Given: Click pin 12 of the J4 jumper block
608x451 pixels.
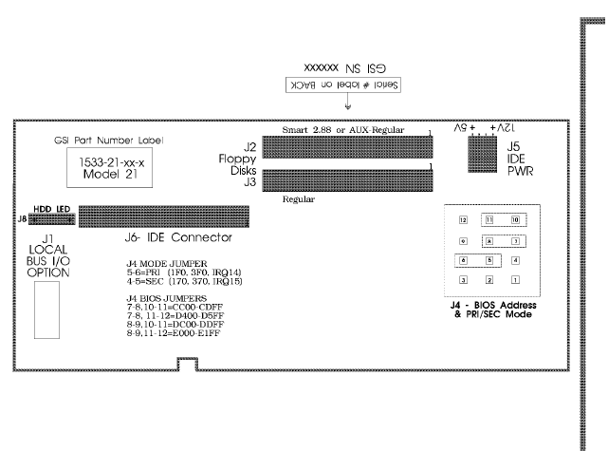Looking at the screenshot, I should [464, 219].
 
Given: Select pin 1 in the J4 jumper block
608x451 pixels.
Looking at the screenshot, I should [514, 279].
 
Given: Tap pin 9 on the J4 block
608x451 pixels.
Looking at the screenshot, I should [464, 239].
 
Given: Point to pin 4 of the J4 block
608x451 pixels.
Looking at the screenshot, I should [514, 259].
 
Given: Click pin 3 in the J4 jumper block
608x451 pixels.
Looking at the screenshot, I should [464, 279].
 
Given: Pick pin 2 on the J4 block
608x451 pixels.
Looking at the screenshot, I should [488, 279].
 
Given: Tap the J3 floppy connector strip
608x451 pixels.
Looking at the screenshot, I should [347, 179].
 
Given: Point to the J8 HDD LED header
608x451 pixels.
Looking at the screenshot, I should [45, 217].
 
